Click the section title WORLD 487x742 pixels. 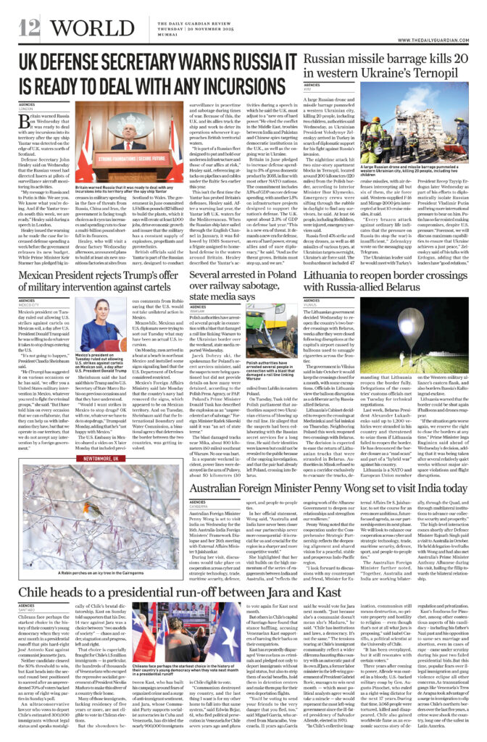[86, 28]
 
